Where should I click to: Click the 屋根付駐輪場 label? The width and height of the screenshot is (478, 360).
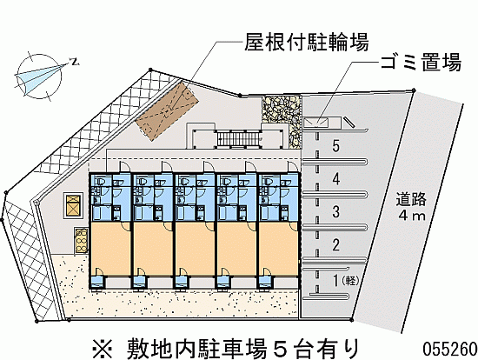click(x=307, y=42)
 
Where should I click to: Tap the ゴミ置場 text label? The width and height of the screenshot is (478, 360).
click(x=421, y=63)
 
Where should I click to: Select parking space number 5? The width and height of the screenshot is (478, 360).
click(x=335, y=146)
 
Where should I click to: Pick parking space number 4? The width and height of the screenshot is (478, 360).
click(x=335, y=179)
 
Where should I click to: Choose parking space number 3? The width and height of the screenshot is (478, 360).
click(x=335, y=211)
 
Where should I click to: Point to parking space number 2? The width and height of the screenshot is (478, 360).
click(x=335, y=244)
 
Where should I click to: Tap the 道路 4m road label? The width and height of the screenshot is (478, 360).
click(x=411, y=207)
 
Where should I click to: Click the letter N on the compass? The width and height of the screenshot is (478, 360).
click(x=75, y=62)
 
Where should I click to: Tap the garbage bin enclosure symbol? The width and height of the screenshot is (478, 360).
click(x=315, y=122)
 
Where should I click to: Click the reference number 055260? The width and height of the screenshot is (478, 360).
click(x=449, y=349)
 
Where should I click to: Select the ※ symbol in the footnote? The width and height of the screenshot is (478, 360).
click(x=103, y=349)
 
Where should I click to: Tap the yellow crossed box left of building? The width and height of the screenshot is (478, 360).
click(x=73, y=205)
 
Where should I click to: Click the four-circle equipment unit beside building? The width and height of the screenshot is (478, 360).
click(x=81, y=241)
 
